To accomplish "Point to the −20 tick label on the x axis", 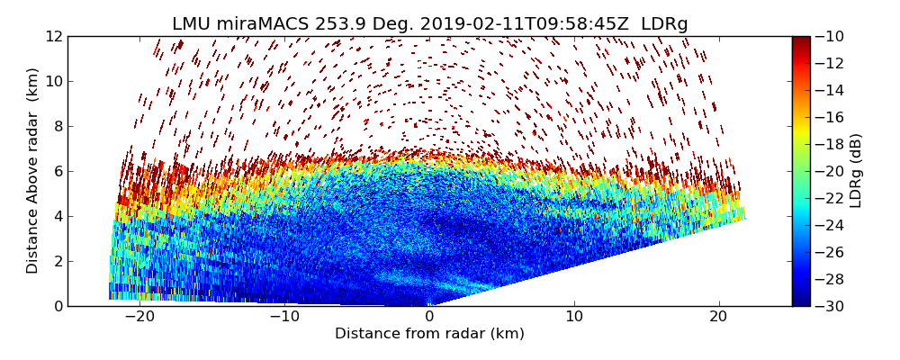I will (139, 317).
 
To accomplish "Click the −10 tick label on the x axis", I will (284, 317).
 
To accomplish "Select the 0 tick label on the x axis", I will (429, 317).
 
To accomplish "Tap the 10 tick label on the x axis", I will (574, 317).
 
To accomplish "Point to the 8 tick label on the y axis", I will (58, 127).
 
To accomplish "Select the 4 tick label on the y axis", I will (58, 217).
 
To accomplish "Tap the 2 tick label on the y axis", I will (58, 262).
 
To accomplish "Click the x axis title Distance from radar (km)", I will (429, 334).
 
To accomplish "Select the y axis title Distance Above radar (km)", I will (33, 171).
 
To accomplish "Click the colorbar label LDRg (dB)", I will (856, 171).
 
